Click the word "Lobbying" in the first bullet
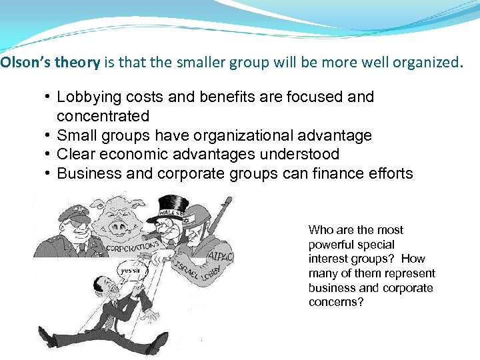click(86, 97)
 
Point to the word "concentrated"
click(103, 117)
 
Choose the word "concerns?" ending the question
click(336, 303)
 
